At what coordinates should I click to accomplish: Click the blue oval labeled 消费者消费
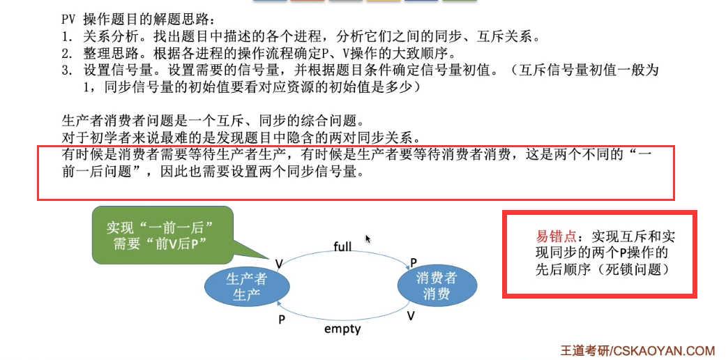(x=437, y=286)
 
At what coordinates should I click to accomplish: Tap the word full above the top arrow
(x=342, y=246)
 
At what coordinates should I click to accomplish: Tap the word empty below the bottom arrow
(x=342, y=328)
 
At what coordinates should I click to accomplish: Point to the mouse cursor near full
(x=368, y=239)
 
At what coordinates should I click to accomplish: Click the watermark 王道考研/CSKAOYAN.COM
(x=637, y=351)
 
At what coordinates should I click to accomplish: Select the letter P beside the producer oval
(x=282, y=318)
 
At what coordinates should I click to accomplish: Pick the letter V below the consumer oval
(x=411, y=315)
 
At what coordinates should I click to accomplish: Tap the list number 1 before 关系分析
(x=67, y=36)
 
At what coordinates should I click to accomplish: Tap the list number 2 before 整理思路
(x=67, y=53)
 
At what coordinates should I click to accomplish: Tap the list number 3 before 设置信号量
(x=67, y=70)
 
